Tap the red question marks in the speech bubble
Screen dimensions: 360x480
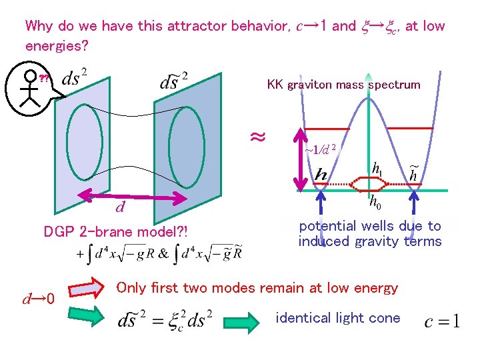click(44, 79)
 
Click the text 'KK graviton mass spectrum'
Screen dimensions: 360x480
click(343, 85)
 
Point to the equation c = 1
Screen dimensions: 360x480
click(441, 323)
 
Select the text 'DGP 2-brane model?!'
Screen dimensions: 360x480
click(115, 232)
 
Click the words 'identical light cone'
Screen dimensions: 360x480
click(338, 317)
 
